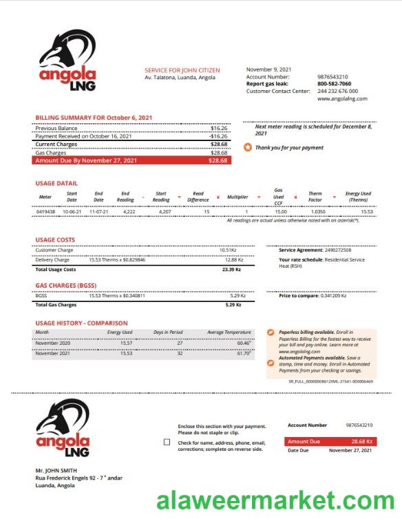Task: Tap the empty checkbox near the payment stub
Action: pyautogui.click(x=167, y=442)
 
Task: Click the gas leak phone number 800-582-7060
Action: pyautogui.click(x=334, y=84)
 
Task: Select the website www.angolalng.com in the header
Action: pyautogui.click(x=342, y=98)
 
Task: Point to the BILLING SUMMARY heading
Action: pyautogui.click(x=94, y=118)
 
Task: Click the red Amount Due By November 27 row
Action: pyautogui.click(x=133, y=160)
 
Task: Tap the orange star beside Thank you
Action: pyautogui.click(x=248, y=147)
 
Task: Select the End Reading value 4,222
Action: pyautogui.click(x=129, y=211)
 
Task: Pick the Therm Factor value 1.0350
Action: pyautogui.click(x=317, y=211)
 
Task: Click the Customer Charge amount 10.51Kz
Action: pyautogui.click(x=228, y=250)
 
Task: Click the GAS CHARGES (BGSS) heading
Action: pyautogui.click(x=66, y=285)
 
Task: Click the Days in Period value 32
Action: pyautogui.click(x=180, y=353)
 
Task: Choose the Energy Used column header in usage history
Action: pyautogui.click(x=119, y=332)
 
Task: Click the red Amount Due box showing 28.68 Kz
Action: pyautogui.click(x=329, y=441)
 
